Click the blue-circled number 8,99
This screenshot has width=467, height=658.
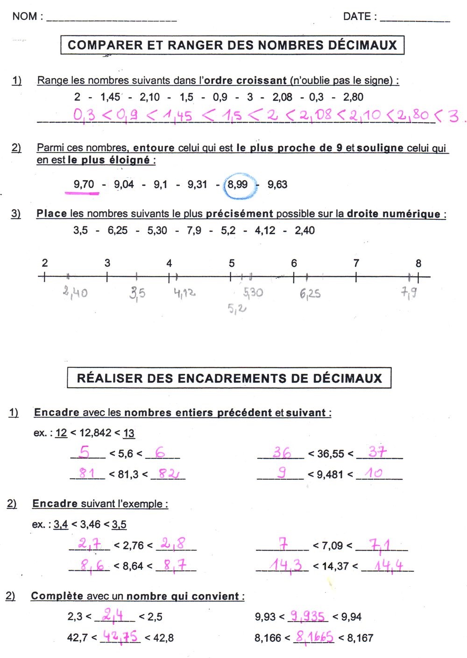pyautogui.click(x=238, y=185)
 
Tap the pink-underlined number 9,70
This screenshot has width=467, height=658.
pyautogui.click(x=84, y=184)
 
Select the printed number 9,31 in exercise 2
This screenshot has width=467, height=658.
pyautogui.click(x=197, y=185)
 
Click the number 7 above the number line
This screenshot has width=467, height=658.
pyautogui.click(x=356, y=263)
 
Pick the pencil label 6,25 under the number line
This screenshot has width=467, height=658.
pyautogui.click(x=310, y=294)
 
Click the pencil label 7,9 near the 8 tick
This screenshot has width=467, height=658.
pyautogui.click(x=409, y=293)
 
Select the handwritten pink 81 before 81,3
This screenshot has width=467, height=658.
pyautogui.click(x=87, y=473)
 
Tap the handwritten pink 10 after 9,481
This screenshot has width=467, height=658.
pyautogui.click(x=374, y=473)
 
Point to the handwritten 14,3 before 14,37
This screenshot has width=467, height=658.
pyautogui.click(x=286, y=565)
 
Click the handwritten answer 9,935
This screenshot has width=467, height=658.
pyautogui.click(x=307, y=616)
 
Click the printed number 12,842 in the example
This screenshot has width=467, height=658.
pyautogui.click(x=95, y=433)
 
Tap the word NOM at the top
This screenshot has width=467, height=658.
pyautogui.click(x=25, y=16)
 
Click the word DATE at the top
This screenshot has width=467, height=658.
pyautogui.click(x=357, y=16)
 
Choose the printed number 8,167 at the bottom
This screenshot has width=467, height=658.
pyautogui.click(x=360, y=638)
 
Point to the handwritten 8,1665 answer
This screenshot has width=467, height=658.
pyautogui.click(x=314, y=637)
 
